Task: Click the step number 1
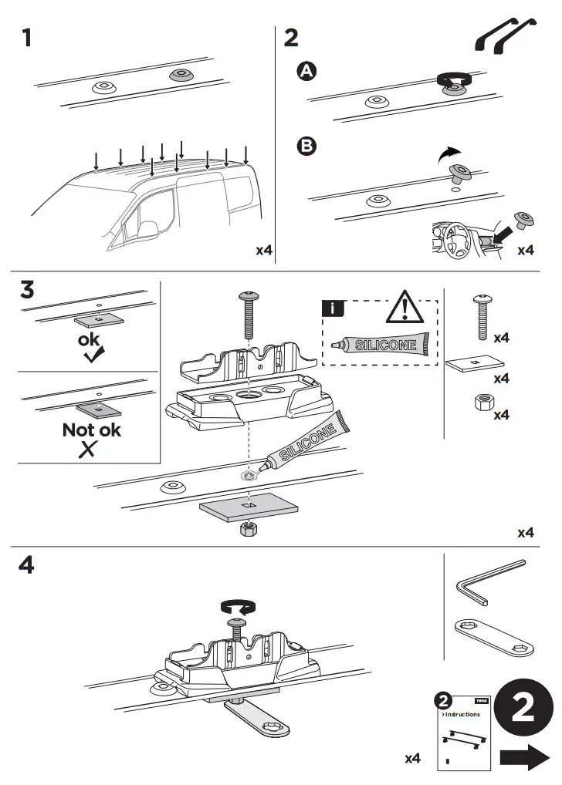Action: point(27,37)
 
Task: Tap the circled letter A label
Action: point(307,72)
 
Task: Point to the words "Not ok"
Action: point(91,430)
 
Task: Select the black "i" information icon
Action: point(332,309)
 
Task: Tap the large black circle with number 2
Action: point(523,708)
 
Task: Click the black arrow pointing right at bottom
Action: point(525,759)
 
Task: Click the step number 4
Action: point(27,565)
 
